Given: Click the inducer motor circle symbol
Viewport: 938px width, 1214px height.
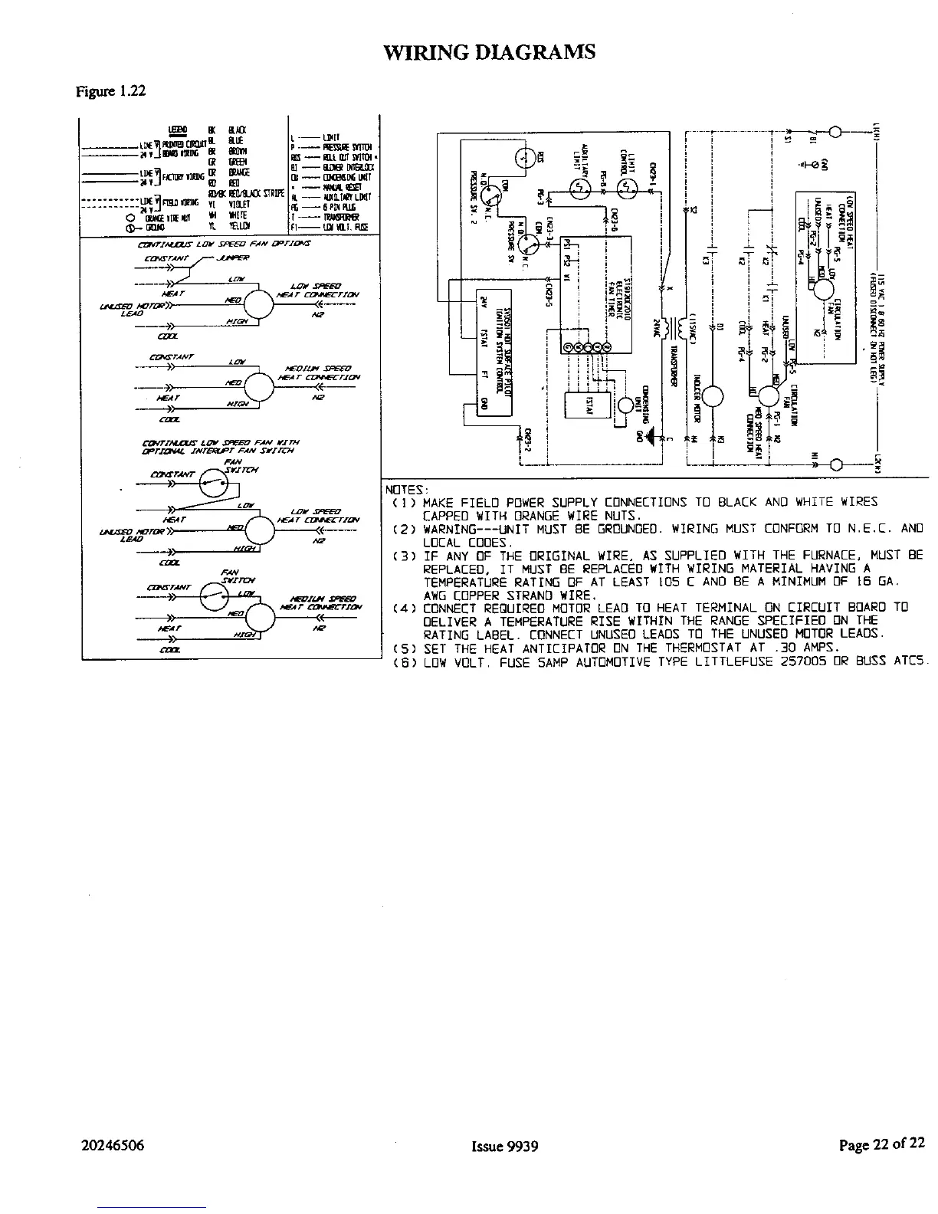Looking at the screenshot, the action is coord(713,395).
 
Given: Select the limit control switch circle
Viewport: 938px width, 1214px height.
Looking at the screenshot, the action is coord(628,185).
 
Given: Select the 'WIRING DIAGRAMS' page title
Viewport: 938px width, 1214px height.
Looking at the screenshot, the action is coord(489,52).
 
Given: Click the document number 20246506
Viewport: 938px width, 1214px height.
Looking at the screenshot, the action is coord(113,1146).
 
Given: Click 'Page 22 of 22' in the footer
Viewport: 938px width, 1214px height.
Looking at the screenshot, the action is coord(881,1145).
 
